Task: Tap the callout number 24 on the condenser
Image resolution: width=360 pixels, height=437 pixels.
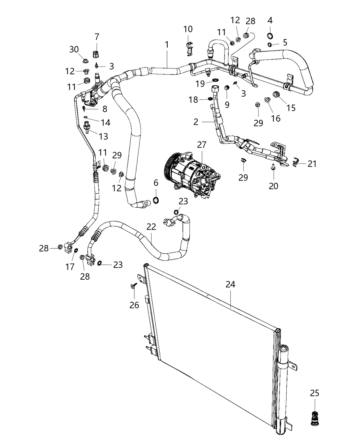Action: tap(230, 284)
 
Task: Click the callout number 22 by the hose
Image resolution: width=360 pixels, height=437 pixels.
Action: tap(151, 227)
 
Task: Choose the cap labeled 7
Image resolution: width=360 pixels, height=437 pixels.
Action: tap(96, 54)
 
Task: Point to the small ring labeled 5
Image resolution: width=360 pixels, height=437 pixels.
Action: tap(270, 45)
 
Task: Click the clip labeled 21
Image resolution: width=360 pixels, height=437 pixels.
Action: tap(296, 163)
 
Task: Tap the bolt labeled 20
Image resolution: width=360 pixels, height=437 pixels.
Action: tap(274, 167)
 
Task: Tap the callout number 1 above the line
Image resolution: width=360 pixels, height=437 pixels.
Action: tap(167, 45)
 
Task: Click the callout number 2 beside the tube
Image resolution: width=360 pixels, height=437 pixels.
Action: tap(195, 122)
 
